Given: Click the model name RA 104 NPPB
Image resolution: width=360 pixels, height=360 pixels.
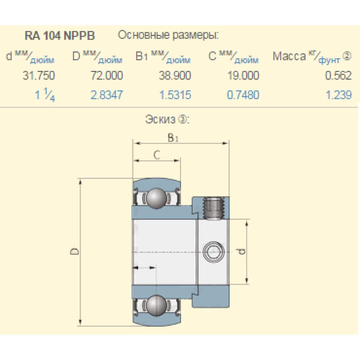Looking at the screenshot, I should click(x=60, y=36).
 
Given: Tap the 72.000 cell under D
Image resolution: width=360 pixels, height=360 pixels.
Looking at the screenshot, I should click(x=107, y=76).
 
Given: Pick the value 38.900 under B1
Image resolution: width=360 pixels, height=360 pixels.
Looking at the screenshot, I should click(x=175, y=76).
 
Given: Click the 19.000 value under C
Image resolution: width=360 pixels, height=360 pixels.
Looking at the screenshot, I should click(x=243, y=76).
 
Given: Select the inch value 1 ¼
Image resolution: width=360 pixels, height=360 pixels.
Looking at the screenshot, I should click(x=45, y=96).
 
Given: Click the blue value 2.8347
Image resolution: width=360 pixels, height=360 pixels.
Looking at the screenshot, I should click(x=107, y=95).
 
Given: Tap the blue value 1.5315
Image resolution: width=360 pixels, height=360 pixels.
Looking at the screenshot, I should click(x=175, y=95).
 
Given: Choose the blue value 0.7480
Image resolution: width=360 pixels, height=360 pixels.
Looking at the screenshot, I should click(x=243, y=95).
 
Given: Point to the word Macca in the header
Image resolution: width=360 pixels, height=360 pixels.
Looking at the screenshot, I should click(x=289, y=57).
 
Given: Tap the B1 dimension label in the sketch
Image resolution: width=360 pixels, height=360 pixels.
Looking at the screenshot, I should click(x=173, y=138).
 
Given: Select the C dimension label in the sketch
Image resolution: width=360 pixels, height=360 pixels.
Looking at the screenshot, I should click(x=157, y=155).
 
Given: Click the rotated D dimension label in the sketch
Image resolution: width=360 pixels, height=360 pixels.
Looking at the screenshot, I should click(x=75, y=251).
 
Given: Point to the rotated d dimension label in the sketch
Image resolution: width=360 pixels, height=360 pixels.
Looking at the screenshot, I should click(x=242, y=251).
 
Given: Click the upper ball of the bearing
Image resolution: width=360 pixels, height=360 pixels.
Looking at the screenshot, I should click(x=156, y=198).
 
